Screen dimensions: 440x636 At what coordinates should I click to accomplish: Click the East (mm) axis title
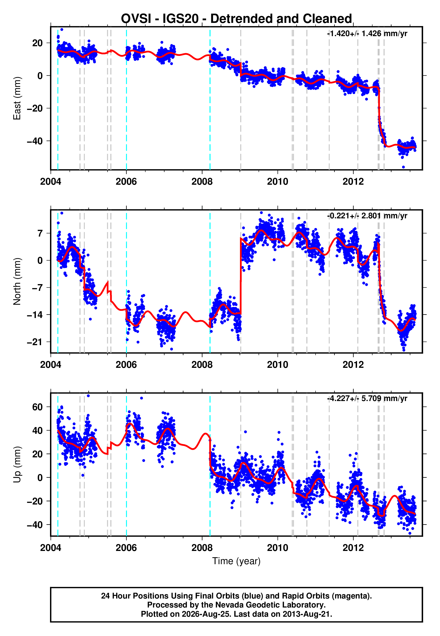tap(17, 98)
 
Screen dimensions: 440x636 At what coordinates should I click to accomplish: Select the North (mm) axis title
tap(17, 281)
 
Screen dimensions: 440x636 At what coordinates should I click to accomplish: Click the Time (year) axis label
tap(236, 561)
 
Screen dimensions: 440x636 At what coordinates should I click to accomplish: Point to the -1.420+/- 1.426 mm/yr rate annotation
tap(367, 34)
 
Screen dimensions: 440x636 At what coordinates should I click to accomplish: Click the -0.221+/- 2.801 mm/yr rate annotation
tap(367, 216)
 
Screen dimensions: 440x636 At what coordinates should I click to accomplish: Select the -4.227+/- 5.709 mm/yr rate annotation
tap(367, 399)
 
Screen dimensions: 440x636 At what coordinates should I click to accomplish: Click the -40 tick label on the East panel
tap(35, 141)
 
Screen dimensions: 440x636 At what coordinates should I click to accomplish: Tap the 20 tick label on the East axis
tap(37, 43)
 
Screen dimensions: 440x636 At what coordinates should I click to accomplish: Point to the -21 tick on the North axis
tap(35, 342)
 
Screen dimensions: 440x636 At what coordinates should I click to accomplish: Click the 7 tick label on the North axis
tap(40, 233)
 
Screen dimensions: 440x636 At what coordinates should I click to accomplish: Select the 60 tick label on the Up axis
tap(37, 407)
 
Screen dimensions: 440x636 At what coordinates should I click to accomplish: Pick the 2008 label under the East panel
tap(202, 182)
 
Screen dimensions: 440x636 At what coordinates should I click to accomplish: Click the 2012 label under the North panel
tap(353, 365)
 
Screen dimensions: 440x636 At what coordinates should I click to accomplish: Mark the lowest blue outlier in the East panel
tap(403, 167)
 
